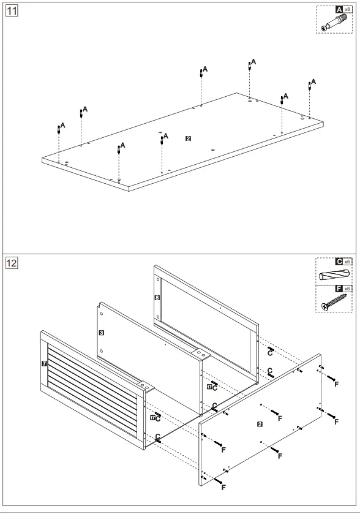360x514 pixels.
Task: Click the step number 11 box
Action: click(12, 10)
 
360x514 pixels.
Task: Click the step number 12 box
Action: click(12, 263)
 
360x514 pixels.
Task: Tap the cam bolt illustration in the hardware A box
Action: click(334, 23)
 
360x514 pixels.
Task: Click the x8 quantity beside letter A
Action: click(347, 10)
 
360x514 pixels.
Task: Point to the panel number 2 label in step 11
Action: click(188, 138)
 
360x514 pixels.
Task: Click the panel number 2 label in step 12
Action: click(260, 424)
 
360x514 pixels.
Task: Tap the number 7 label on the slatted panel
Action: click(44, 363)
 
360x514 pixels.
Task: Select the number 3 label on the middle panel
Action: click(102, 333)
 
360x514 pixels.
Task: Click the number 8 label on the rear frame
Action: click(157, 298)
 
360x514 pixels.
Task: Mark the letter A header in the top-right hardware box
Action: click(339, 10)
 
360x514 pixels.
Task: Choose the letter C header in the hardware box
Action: click(339, 261)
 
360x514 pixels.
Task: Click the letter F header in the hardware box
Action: click(339, 289)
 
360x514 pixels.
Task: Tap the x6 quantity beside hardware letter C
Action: click(347, 262)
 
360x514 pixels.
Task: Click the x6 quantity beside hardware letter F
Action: click(347, 289)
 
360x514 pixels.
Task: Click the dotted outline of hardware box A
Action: click(316, 20)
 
